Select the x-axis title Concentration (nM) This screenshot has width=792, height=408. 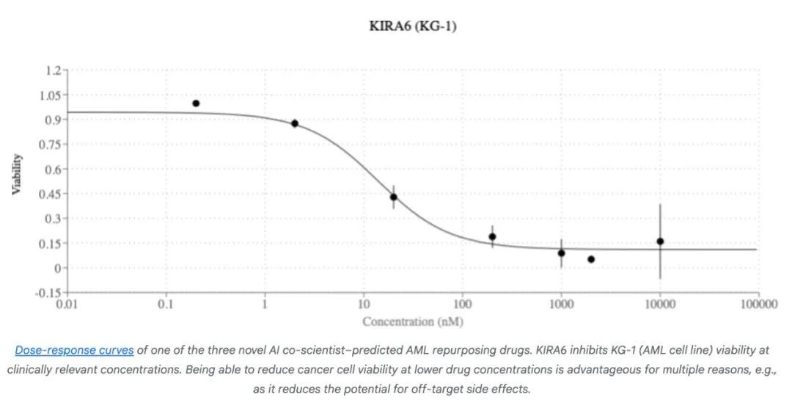tap(412, 321)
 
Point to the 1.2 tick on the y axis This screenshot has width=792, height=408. tap(53, 70)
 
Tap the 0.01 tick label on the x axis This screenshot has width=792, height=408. tap(67, 305)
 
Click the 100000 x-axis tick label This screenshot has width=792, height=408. tap(758, 305)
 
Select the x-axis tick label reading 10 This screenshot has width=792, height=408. tap(364, 305)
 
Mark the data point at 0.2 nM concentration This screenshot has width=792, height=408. tap(196, 103)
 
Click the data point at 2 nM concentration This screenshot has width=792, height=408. tap(295, 123)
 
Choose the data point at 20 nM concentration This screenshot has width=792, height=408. tap(393, 197)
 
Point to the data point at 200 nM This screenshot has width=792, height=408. tap(492, 236)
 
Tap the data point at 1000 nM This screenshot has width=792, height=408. tap(561, 253)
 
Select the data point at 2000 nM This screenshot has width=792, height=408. tap(591, 259)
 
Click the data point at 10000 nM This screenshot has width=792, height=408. tap(660, 241)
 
